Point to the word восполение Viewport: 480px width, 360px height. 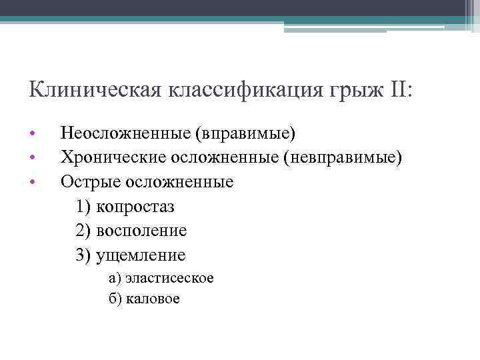[141, 231]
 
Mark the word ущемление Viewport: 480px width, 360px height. [141, 255]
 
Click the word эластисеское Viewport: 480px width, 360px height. [169, 278]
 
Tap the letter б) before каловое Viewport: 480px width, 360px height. [115, 299]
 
